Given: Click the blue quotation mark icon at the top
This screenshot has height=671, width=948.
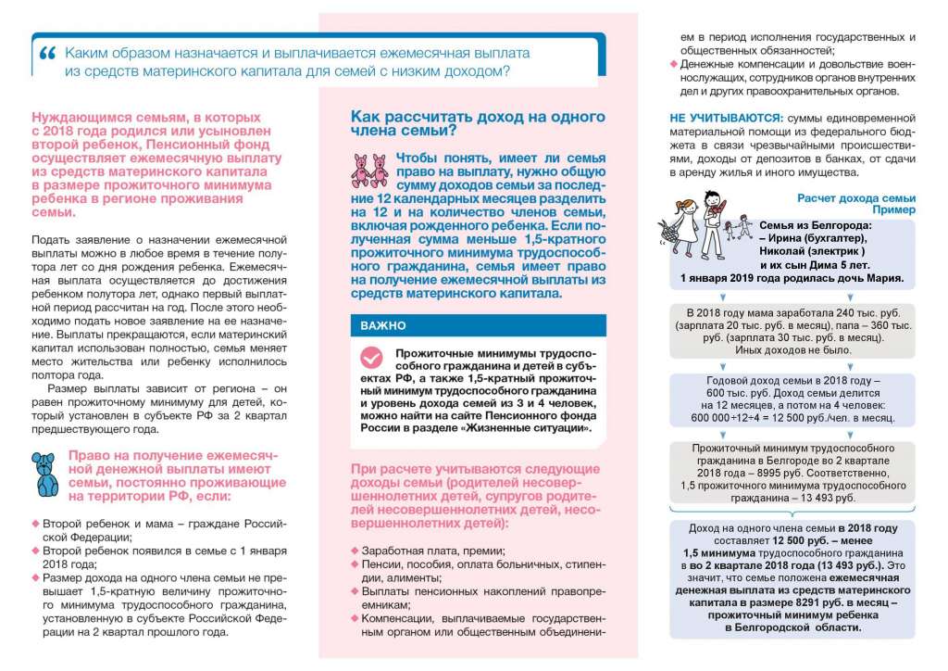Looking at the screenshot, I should (48, 54).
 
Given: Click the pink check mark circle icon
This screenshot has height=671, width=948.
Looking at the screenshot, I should (371, 359).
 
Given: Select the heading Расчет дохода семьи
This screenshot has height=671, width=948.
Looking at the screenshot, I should (856, 197).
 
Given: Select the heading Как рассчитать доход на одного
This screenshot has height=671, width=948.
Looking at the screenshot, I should (478, 117).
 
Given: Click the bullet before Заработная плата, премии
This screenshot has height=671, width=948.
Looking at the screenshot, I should (354, 550).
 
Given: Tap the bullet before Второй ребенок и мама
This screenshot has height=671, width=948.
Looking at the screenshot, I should (36, 524).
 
